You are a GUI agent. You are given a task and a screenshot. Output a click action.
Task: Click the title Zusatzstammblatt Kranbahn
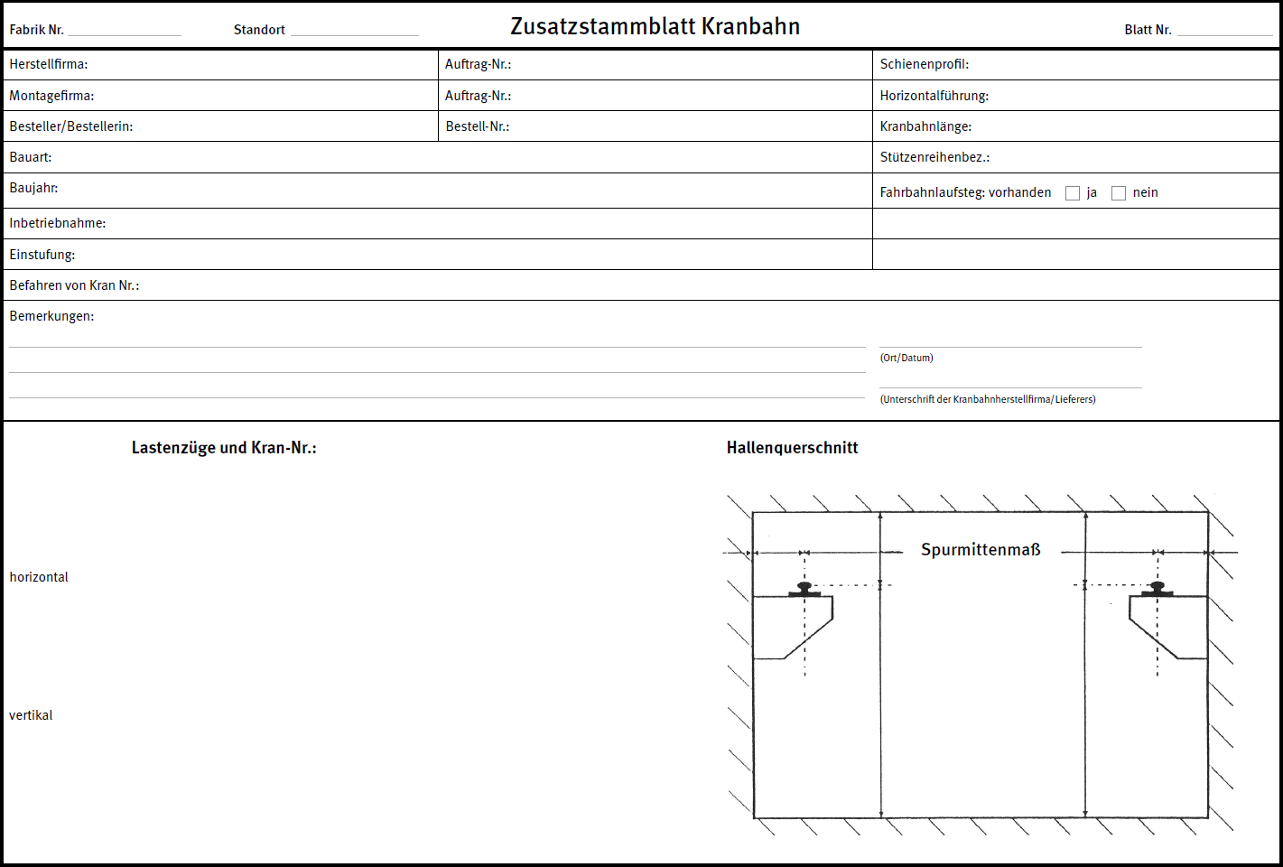(655, 27)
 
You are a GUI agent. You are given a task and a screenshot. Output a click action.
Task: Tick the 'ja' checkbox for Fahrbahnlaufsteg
(1073, 193)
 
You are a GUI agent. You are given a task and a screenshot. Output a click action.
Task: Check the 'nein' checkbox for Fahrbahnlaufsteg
(1119, 193)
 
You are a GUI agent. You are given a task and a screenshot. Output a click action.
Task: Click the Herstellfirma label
(49, 65)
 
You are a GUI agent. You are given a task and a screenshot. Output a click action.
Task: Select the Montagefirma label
(51, 96)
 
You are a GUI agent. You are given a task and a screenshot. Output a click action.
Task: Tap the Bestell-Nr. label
(478, 126)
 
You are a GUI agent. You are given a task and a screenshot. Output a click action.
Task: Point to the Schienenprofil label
(924, 65)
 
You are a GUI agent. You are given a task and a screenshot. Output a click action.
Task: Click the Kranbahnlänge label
(925, 126)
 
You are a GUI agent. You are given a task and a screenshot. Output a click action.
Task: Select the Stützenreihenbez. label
(934, 157)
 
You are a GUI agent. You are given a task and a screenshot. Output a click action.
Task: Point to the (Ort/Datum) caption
(906, 358)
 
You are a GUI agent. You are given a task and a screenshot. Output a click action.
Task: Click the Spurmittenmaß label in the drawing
(981, 550)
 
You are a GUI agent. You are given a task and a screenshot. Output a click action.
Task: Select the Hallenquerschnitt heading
(792, 448)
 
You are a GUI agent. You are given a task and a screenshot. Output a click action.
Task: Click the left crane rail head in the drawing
(804, 586)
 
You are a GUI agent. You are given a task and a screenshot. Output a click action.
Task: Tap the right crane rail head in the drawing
(1157, 586)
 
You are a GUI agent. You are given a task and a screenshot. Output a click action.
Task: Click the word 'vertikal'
(31, 715)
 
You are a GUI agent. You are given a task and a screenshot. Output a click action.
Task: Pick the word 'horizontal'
(39, 577)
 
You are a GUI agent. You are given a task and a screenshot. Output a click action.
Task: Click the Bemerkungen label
(51, 316)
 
